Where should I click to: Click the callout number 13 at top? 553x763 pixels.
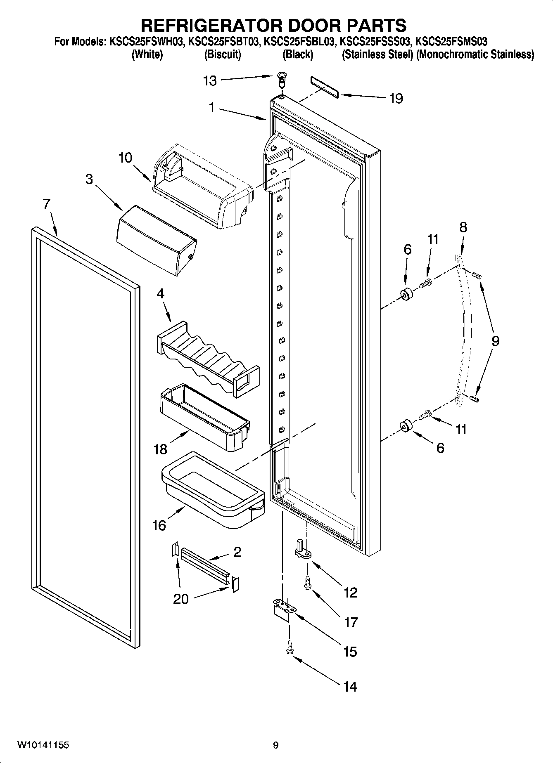coord(210,81)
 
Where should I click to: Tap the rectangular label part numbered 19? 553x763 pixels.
coord(324,87)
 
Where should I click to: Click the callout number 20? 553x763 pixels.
coord(180,599)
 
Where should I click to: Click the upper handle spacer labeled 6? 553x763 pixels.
coord(407,295)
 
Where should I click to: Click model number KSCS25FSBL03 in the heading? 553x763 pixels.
coord(298,41)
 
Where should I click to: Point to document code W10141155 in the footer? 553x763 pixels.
coord(43,745)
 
